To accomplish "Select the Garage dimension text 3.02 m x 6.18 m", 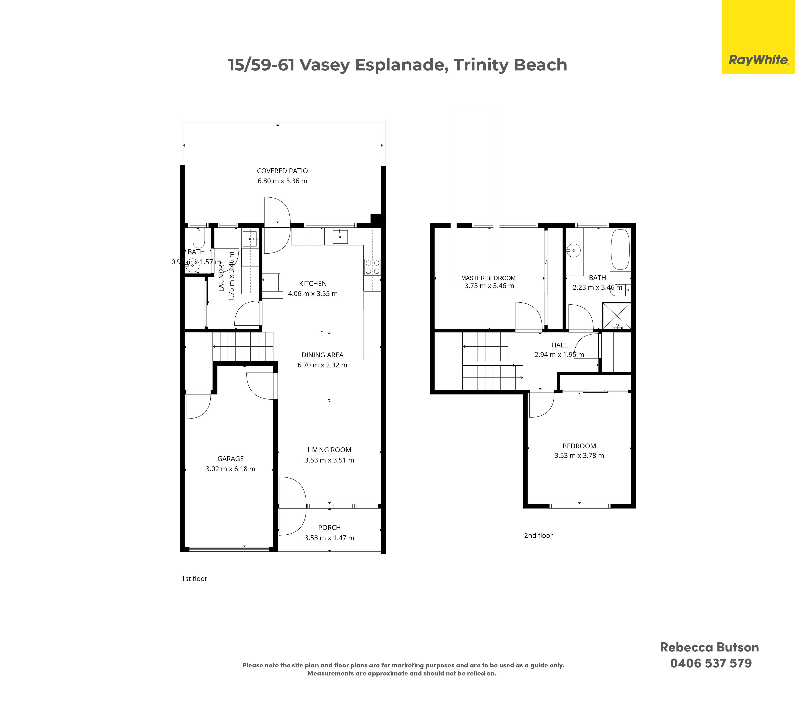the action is pyautogui.click(x=231, y=469).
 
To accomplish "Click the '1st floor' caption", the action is pyautogui.click(x=194, y=579).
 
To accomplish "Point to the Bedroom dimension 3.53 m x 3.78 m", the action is pyautogui.click(x=579, y=455).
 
